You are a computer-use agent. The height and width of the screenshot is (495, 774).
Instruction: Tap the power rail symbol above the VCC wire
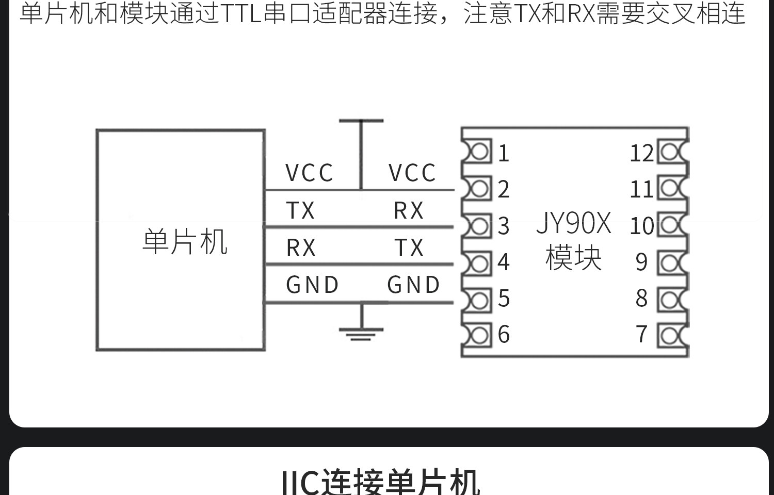(x=361, y=122)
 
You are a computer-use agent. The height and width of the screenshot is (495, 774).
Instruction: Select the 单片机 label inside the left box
(x=185, y=242)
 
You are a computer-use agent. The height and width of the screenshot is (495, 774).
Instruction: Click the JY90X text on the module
(x=574, y=224)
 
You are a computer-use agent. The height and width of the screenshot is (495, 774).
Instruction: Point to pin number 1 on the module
(x=504, y=153)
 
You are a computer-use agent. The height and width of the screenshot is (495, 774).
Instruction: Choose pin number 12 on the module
(x=641, y=153)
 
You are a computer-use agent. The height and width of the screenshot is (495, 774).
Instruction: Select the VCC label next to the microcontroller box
(x=310, y=173)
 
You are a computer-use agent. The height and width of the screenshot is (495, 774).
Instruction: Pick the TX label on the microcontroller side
(x=300, y=210)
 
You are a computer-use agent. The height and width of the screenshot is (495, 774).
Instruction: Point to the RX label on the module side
(x=409, y=210)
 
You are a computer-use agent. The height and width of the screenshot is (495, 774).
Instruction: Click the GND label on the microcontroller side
(x=313, y=285)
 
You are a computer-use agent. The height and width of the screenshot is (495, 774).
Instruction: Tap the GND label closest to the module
(x=414, y=285)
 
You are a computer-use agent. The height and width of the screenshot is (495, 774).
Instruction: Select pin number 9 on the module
(x=641, y=262)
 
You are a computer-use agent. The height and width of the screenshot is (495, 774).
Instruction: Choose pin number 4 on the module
(x=504, y=262)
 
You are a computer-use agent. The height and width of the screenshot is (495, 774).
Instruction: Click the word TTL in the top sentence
(x=241, y=13)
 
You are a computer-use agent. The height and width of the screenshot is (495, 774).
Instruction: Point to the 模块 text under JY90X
(x=574, y=258)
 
